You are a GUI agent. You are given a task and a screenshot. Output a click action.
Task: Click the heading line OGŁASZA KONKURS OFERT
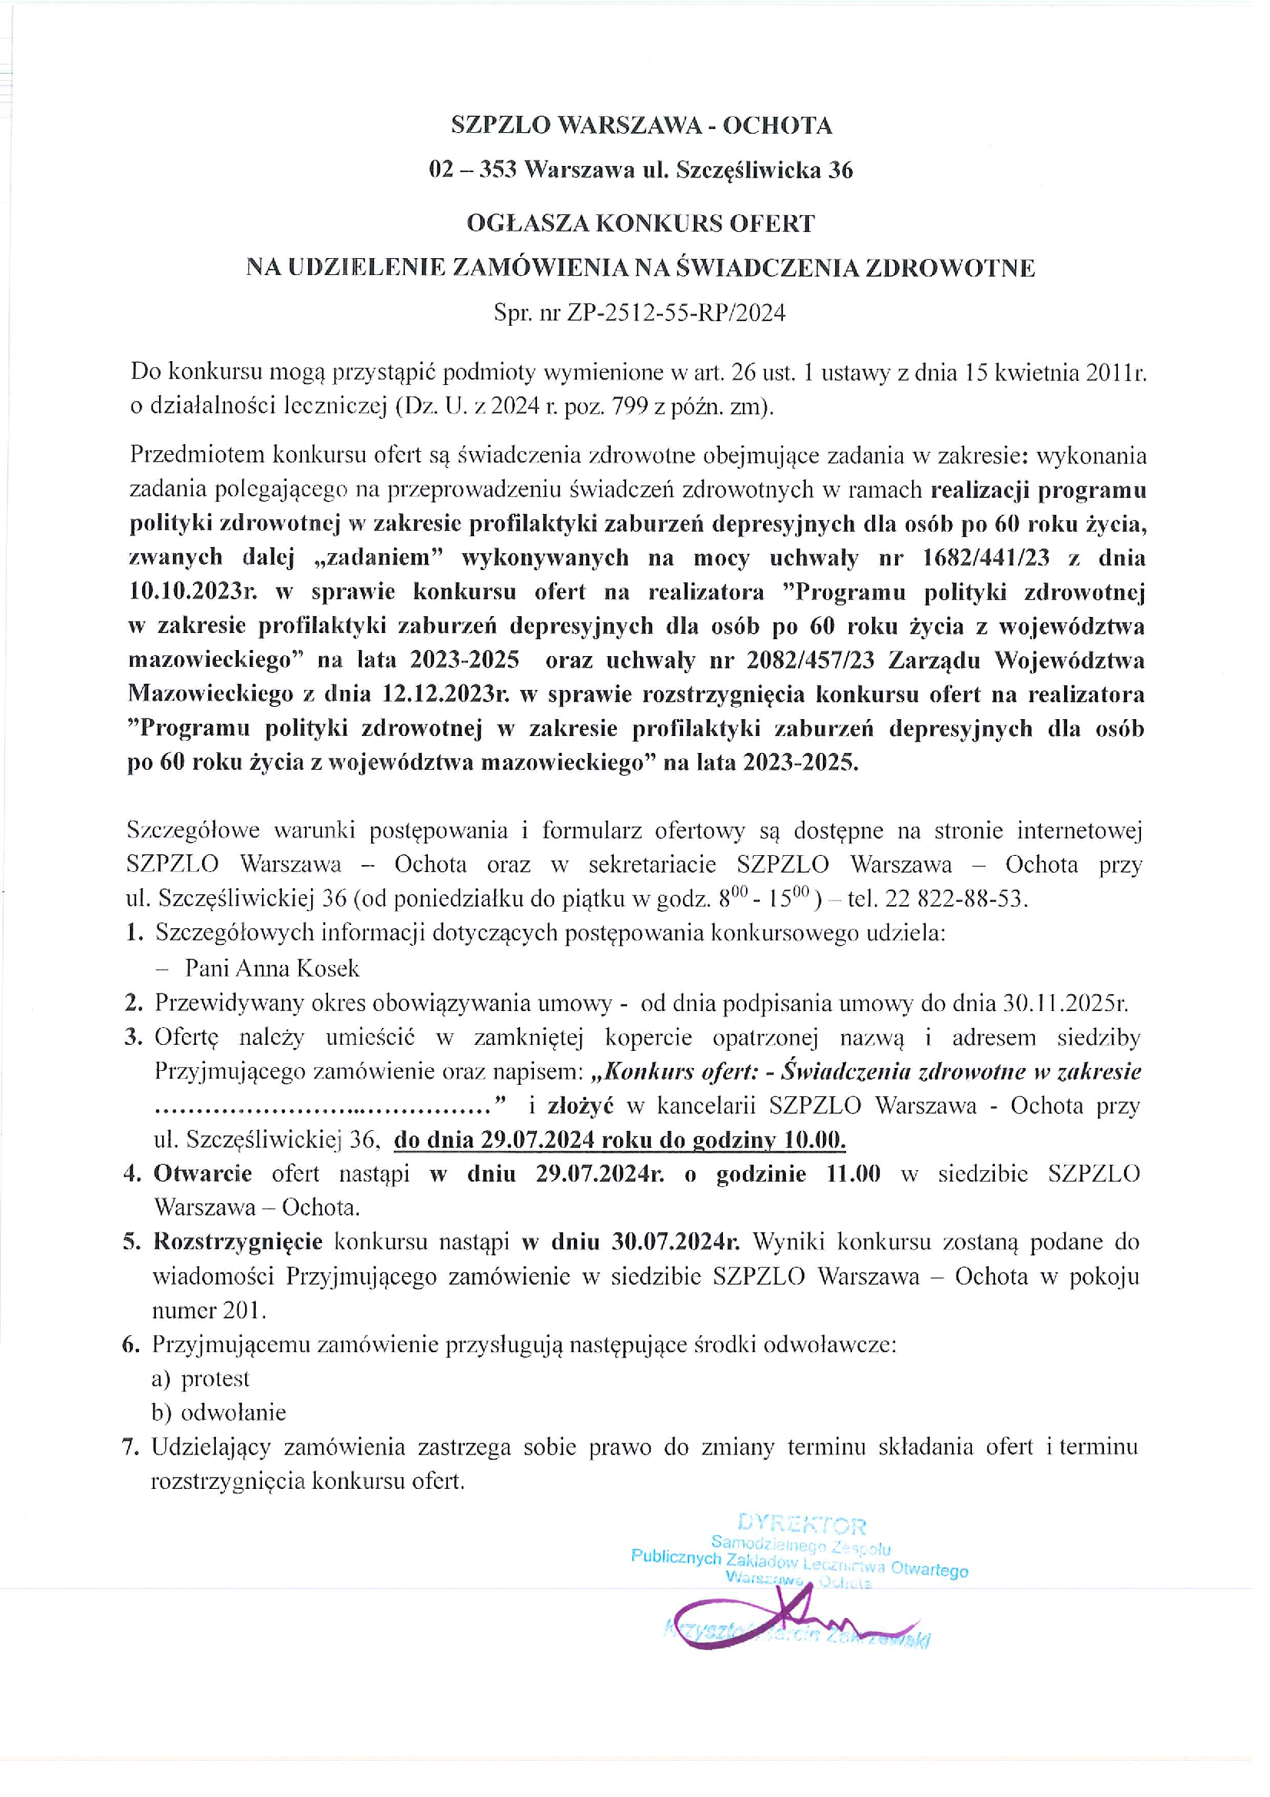(640, 224)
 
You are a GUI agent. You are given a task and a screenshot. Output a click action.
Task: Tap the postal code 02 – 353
(473, 170)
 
